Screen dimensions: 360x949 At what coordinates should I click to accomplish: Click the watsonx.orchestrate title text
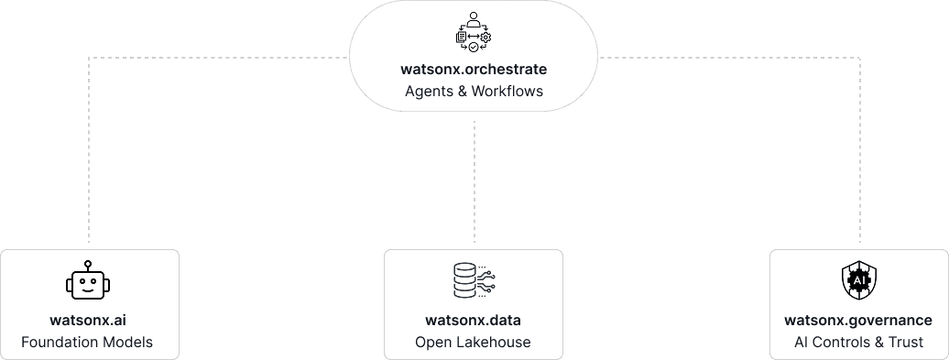[474, 69]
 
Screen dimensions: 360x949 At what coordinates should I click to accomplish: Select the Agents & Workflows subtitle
[474, 92]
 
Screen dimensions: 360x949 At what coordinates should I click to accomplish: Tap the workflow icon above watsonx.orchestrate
[474, 32]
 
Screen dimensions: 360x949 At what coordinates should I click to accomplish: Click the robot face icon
[88, 282]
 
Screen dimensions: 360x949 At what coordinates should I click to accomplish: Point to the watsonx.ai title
[88, 321]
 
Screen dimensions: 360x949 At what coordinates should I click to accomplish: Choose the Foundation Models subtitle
[88, 343]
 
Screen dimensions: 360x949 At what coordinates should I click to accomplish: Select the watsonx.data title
[474, 321]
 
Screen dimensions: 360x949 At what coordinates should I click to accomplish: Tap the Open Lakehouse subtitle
[474, 343]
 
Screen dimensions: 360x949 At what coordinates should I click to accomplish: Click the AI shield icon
[858, 282]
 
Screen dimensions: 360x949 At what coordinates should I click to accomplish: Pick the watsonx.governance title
[858, 321]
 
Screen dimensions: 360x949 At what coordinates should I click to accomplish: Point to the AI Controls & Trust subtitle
[858, 343]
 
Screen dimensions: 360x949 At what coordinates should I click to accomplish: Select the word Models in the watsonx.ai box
[128, 343]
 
